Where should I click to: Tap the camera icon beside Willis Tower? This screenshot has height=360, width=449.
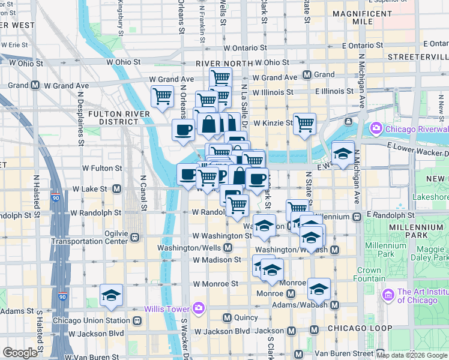(199, 308)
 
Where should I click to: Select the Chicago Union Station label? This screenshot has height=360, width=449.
(91, 320)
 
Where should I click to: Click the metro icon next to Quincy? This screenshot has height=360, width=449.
(227, 317)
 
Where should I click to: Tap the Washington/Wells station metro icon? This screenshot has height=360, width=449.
(228, 247)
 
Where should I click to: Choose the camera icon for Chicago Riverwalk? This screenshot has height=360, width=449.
(376, 128)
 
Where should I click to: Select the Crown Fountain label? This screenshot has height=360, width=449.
(369, 274)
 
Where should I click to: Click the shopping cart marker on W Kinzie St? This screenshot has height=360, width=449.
(305, 124)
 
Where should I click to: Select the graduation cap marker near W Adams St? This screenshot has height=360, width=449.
(112, 295)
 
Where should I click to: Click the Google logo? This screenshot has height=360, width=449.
(20, 353)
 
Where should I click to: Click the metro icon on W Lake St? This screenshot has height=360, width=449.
(116, 188)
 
